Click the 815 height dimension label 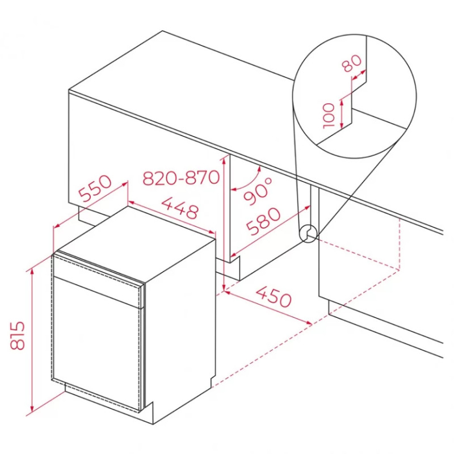click(x=18, y=335)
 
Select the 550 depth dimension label click(x=95, y=188)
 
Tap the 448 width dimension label click(x=179, y=207)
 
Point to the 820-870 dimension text click(x=181, y=177)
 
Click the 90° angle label click(x=258, y=191)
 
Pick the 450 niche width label click(x=274, y=296)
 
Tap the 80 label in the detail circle click(x=352, y=63)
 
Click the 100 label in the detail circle click(x=329, y=116)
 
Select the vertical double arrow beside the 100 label click(x=342, y=113)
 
